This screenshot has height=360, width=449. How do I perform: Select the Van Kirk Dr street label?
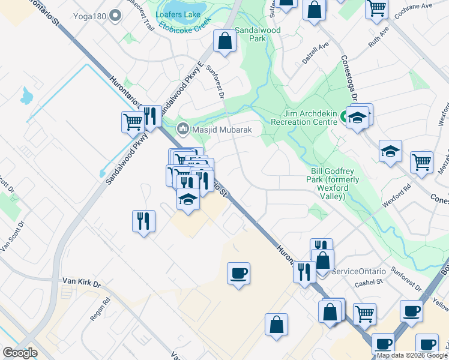[x=81, y=281]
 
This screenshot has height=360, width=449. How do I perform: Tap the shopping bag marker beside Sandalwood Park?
[x=224, y=41]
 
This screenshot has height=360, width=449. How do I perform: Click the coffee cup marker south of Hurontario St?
[x=238, y=273]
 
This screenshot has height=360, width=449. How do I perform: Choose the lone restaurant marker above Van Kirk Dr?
[x=143, y=220]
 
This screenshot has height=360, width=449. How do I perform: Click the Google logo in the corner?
[x=20, y=353]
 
